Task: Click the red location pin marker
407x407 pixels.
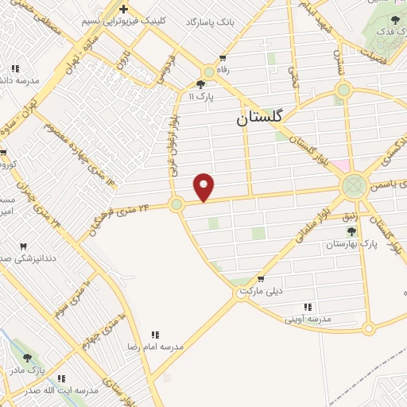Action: (x=205, y=186)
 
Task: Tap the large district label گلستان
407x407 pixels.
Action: (x=265, y=120)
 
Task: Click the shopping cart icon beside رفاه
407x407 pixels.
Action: (x=223, y=58)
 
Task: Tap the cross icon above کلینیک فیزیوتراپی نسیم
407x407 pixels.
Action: (x=122, y=9)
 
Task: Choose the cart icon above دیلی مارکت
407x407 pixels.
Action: (x=261, y=278)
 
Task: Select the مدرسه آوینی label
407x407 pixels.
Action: (x=307, y=319)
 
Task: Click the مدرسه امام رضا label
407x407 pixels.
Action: (x=156, y=347)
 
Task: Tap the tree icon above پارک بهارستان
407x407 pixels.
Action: (x=351, y=231)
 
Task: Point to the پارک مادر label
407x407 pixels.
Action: (x=28, y=370)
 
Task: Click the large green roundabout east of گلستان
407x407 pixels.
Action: (x=353, y=188)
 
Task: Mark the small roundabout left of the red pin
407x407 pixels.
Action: (x=176, y=204)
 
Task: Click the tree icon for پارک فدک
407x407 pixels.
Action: (x=395, y=19)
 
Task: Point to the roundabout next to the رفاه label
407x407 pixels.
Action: (x=208, y=71)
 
